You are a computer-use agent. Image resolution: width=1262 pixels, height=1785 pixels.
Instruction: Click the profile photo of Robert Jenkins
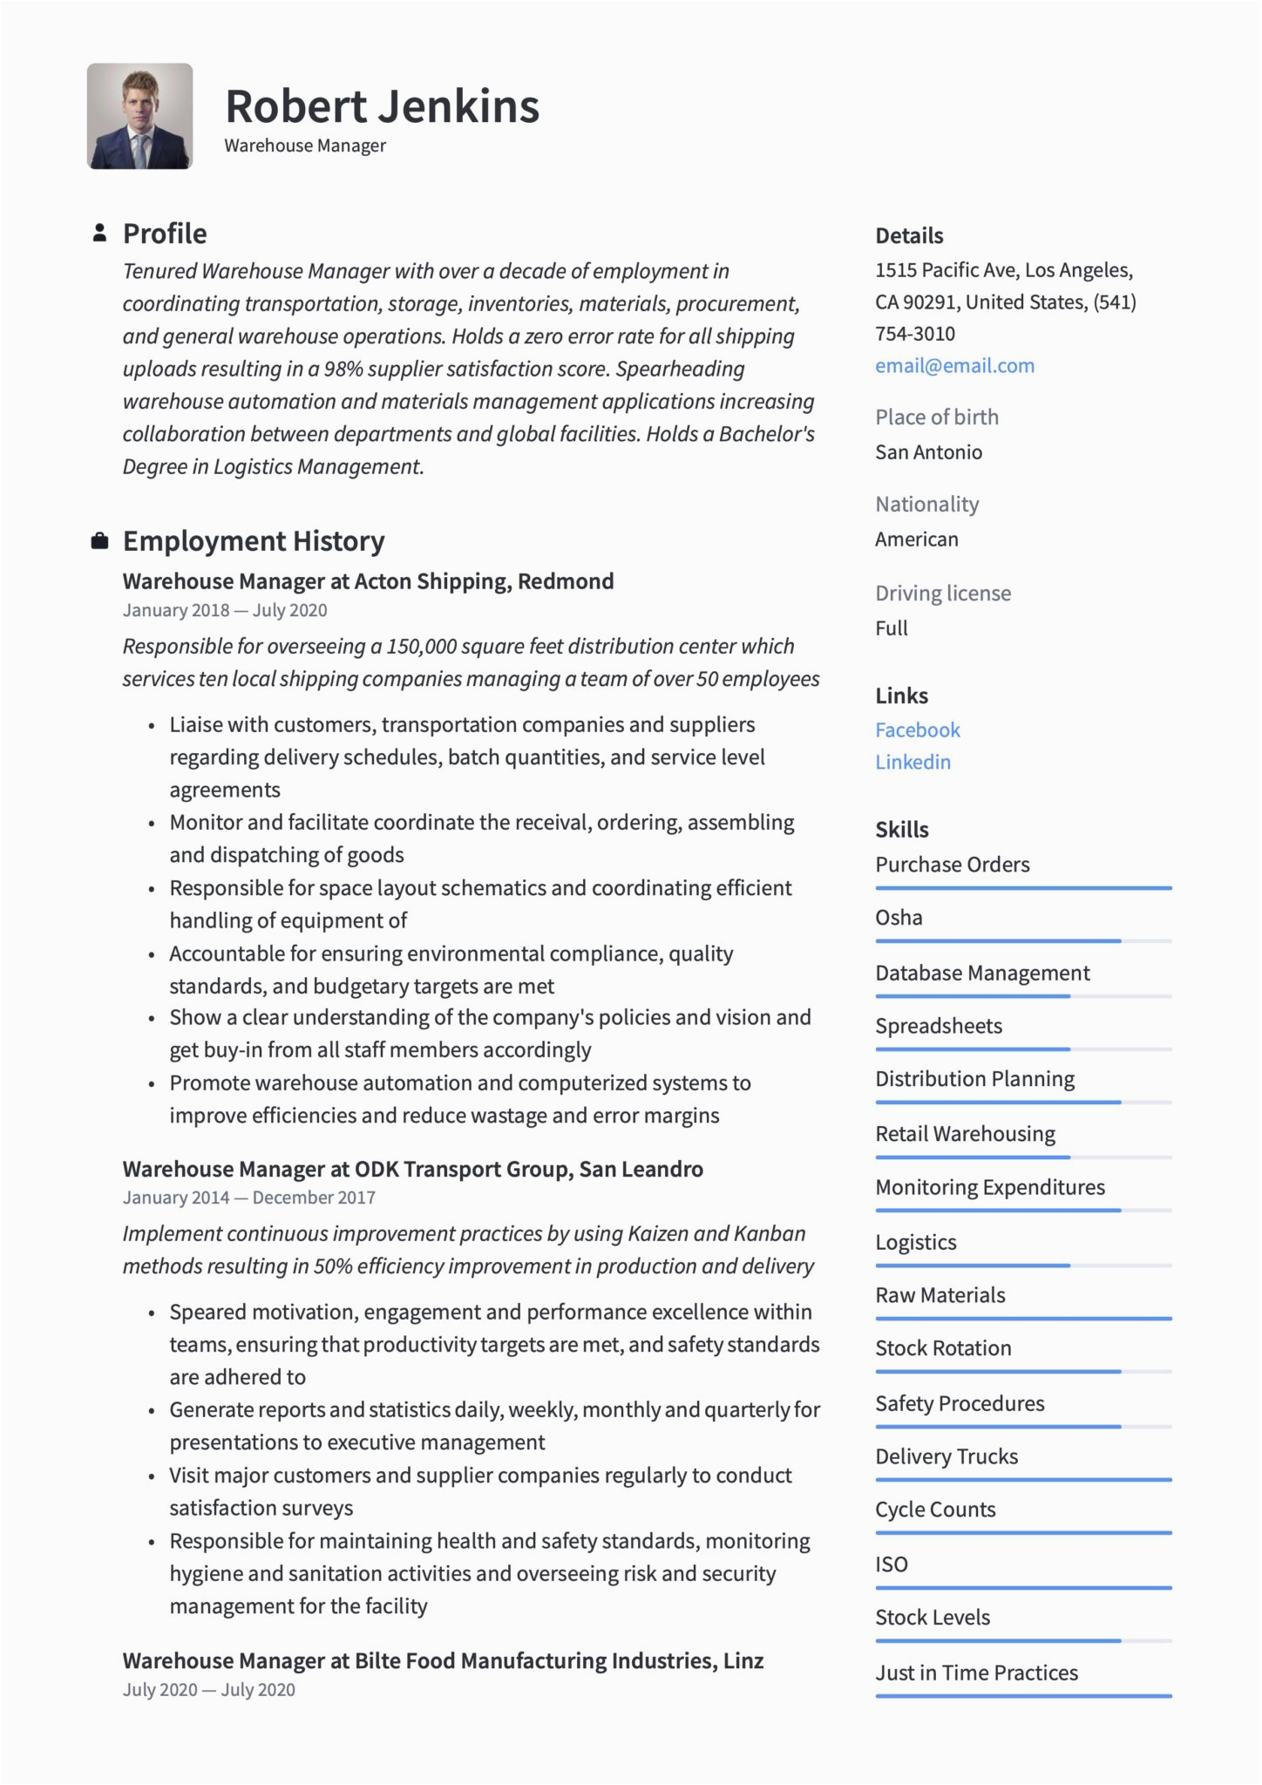tap(139, 116)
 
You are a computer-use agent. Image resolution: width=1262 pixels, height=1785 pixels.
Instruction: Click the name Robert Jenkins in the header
tap(382, 106)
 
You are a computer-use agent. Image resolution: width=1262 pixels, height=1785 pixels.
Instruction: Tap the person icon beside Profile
tap(100, 233)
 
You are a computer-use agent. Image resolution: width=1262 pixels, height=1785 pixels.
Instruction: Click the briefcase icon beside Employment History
tap(100, 541)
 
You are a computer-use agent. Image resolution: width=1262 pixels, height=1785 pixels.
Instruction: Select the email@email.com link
tap(954, 366)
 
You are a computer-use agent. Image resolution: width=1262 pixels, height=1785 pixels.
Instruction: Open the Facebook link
tap(917, 730)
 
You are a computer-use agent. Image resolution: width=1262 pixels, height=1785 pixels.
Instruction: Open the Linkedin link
tap(913, 763)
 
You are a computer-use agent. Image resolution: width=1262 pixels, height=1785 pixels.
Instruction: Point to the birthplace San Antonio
tap(928, 452)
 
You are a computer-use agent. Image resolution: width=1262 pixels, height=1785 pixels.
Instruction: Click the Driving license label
tap(943, 594)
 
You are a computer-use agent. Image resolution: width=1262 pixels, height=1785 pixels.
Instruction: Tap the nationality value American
tap(916, 540)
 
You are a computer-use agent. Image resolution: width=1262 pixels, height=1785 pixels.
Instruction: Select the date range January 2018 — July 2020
tap(225, 610)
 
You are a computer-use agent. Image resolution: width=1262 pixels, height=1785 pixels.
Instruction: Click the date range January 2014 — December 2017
tap(248, 1198)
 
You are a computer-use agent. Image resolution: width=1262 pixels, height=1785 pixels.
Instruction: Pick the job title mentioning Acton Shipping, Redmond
tap(368, 581)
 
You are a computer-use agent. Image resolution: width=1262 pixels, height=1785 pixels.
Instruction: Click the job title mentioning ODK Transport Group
tap(412, 1169)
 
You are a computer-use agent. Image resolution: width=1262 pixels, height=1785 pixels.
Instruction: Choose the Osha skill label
tap(899, 918)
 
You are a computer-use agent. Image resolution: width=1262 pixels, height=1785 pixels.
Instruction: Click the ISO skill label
tap(892, 1564)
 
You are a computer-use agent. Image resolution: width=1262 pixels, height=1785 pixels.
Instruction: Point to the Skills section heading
tap(901, 830)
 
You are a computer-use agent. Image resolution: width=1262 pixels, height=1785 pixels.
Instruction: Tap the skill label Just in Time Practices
tap(976, 1673)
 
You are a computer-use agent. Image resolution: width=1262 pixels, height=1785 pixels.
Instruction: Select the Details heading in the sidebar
tap(909, 236)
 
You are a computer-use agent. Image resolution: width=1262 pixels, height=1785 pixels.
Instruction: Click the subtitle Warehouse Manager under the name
tap(305, 146)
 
